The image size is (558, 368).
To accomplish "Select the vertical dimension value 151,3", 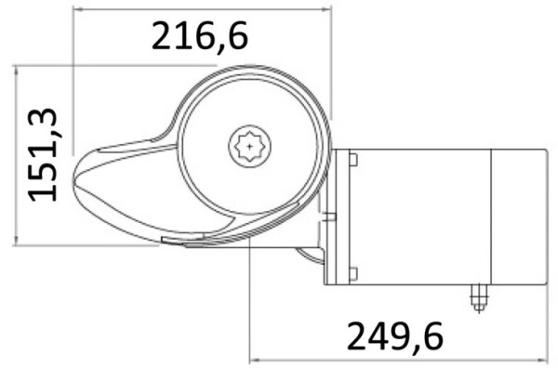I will coord(44,153).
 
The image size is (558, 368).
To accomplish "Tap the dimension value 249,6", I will coord(395,334).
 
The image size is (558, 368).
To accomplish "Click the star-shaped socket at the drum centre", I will coord(249,146).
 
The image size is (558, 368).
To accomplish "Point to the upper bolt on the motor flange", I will coord(353,160).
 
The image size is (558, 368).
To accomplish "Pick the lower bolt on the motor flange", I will coord(353,272).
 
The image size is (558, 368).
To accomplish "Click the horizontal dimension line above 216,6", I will coord(200,8).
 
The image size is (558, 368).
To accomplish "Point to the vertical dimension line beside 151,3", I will coord(17,153).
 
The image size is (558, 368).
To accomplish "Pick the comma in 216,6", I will coord(217,46).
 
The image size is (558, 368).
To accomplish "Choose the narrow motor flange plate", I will coord(329,216).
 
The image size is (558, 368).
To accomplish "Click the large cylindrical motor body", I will coord(418,217).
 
